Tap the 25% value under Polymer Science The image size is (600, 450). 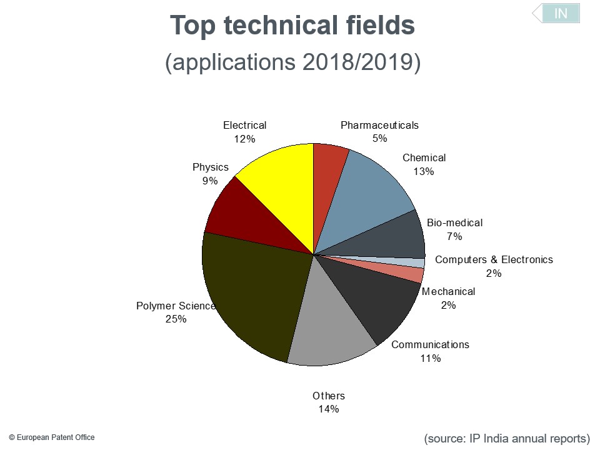pyautogui.click(x=176, y=319)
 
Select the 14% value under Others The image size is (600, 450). pyautogui.click(x=328, y=409)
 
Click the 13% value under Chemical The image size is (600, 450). pyautogui.click(x=423, y=171)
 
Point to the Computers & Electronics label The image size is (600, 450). pyautogui.click(x=494, y=259)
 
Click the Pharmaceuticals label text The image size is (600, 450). pyautogui.click(x=379, y=125)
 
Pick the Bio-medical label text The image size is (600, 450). pyautogui.click(x=454, y=222)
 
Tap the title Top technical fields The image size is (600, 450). pyautogui.click(x=292, y=26)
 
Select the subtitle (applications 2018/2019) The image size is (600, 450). pyautogui.click(x=292, y=62)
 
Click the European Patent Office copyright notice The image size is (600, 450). pyautogui.click(x=52, y=437)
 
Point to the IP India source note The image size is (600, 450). pyautogui.click(x=507, y=438)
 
